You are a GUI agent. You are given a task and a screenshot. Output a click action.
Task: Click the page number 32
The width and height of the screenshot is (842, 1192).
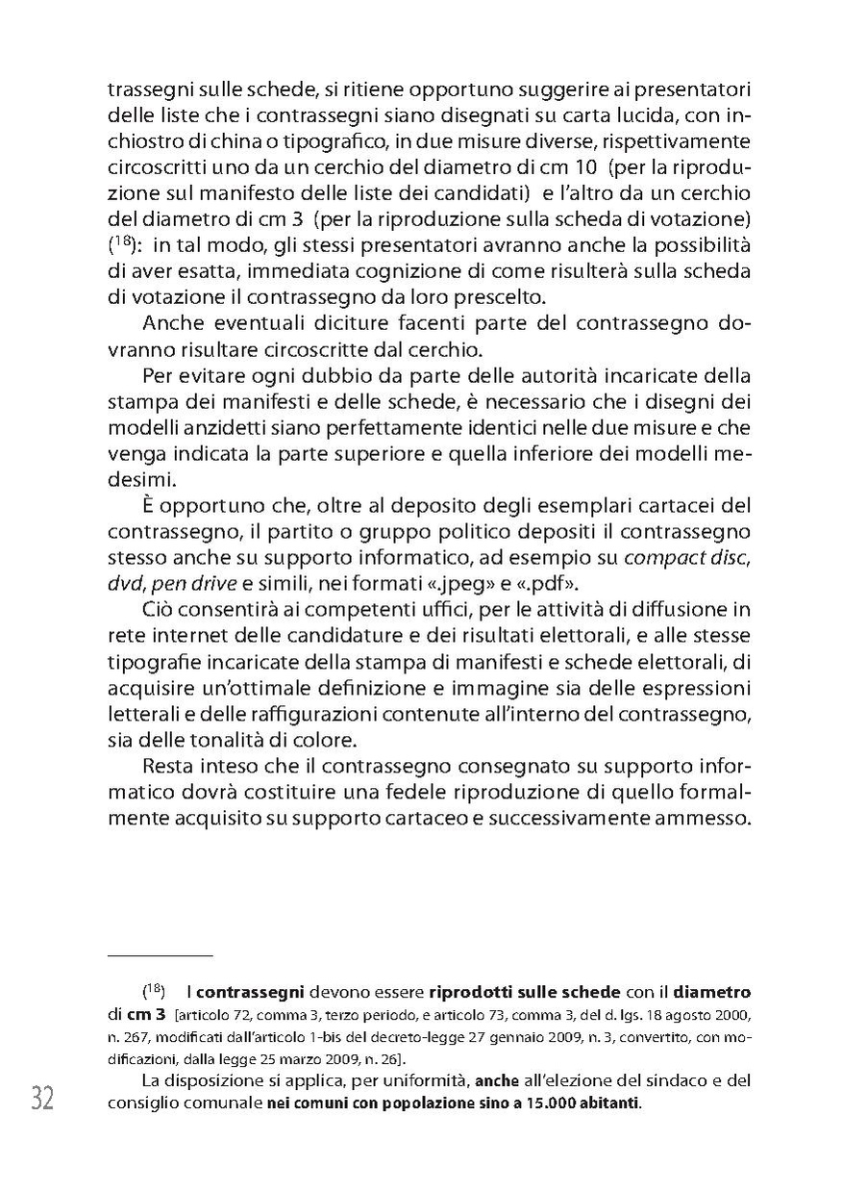point(42,1098)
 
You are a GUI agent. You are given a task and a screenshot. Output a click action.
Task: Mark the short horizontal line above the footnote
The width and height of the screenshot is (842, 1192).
point(160,955)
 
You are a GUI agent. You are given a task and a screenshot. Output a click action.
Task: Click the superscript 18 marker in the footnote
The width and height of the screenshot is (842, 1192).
point(155,990)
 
